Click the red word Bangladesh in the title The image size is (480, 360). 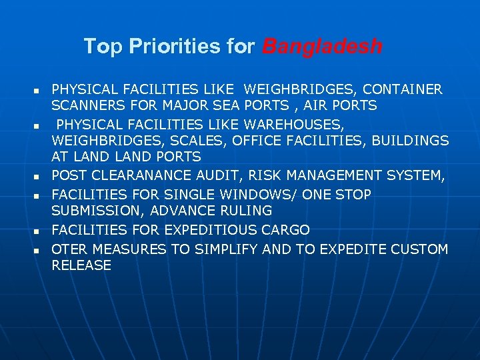coord(322,47)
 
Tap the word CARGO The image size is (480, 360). coord(285,230)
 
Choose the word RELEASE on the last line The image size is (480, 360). coord(81,265)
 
